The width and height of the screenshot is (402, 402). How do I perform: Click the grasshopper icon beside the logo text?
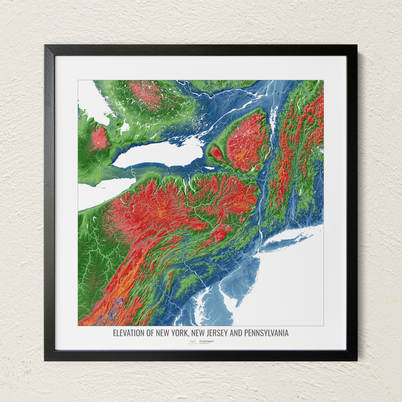tap(192, 342)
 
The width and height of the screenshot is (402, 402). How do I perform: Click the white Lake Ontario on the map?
tap(160, 154)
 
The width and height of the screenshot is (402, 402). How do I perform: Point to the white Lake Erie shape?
tap(100, 194)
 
